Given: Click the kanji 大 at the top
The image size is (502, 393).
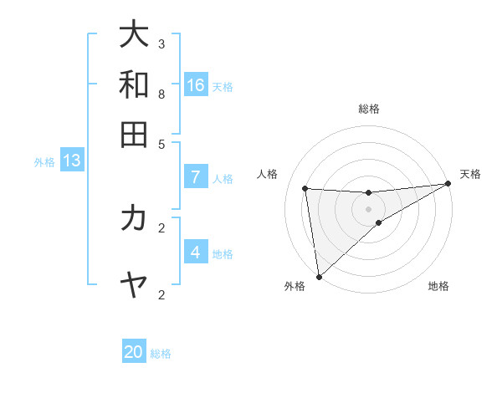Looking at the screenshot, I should coord(134,34).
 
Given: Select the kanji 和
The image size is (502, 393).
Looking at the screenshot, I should coord(134,84).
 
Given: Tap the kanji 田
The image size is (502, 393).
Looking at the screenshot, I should coord(134,134).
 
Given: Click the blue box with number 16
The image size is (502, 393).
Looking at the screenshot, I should coord(196,84).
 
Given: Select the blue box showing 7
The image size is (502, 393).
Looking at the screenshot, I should coord(196,176).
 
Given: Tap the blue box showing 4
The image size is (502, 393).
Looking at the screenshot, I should coord(196,252).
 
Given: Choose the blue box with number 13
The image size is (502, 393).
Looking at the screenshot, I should coord(72,160).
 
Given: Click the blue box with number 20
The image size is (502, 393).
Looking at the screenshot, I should coord(134,352).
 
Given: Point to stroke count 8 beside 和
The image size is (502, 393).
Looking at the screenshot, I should coord(161,94).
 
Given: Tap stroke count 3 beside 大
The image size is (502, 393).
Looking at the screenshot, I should coord(161,43).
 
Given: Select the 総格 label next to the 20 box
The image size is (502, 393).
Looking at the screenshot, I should coord(161,354).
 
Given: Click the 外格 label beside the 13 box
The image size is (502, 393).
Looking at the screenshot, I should coord(44,162).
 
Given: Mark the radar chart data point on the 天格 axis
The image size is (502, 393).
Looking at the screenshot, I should coord(448,184).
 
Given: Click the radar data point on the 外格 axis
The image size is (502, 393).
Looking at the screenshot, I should coord(319,277).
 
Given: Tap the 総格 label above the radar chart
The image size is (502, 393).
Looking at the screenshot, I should coord(369,109).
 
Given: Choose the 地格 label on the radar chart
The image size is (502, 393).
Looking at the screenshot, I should coord(438,286).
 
